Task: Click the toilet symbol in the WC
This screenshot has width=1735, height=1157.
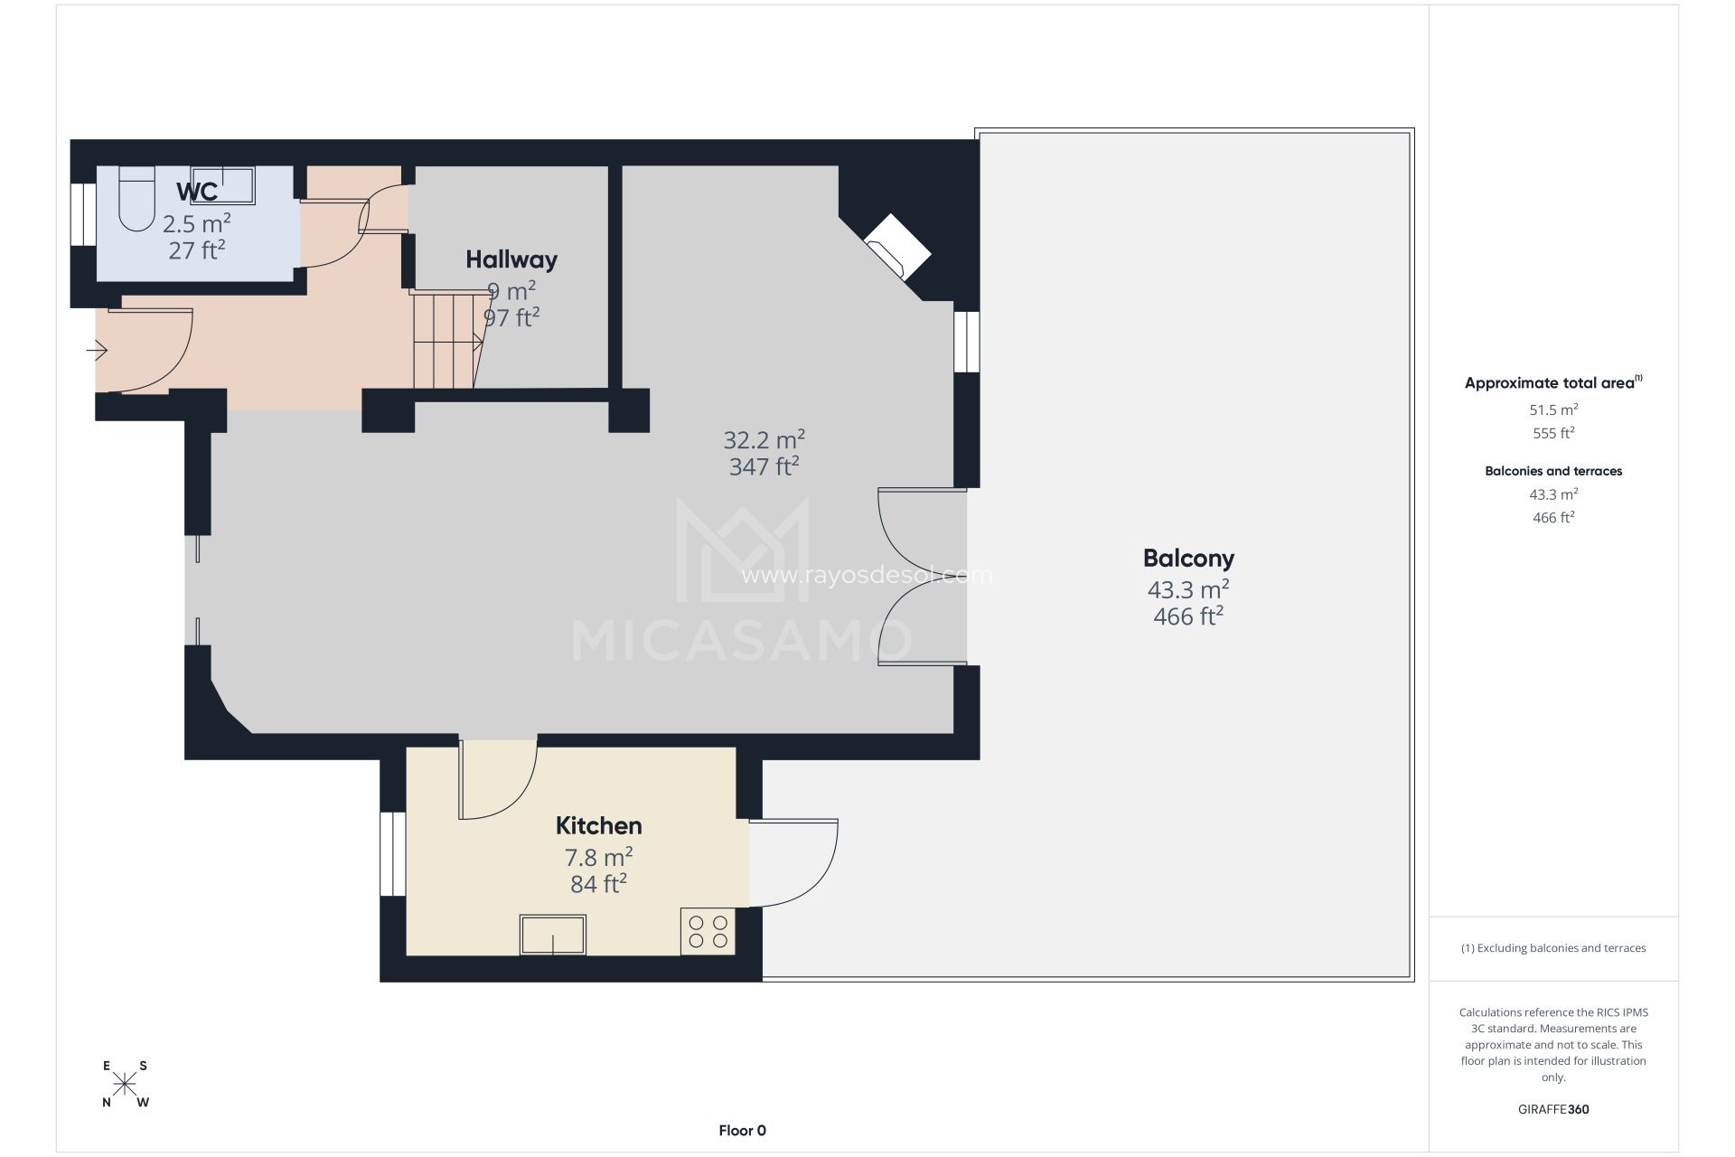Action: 136,201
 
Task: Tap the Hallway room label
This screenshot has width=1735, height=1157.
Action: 511,260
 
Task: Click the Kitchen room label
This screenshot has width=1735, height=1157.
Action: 598,826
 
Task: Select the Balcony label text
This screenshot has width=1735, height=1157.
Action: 1188,559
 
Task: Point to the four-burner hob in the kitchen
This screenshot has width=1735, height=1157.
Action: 708,932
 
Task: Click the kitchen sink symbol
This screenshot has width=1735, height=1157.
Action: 552,935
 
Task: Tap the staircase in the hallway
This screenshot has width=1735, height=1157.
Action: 445,340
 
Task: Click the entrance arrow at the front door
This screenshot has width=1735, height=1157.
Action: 97,349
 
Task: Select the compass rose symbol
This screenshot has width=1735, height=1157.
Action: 125,1084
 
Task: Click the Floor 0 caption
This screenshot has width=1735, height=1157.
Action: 742,1131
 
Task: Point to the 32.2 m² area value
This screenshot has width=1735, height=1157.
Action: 764,440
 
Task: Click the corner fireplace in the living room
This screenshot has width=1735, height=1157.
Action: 898,246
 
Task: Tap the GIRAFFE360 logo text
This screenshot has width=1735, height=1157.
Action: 1553,1109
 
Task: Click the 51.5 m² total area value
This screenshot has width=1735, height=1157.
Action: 1553,409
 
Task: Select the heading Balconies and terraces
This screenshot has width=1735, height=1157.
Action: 1553,471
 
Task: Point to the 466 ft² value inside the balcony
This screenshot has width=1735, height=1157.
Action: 1188,616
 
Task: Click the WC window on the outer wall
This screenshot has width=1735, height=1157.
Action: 83,215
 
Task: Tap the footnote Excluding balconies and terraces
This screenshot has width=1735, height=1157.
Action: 1553,948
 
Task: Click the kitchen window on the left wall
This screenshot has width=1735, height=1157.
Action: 392,854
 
